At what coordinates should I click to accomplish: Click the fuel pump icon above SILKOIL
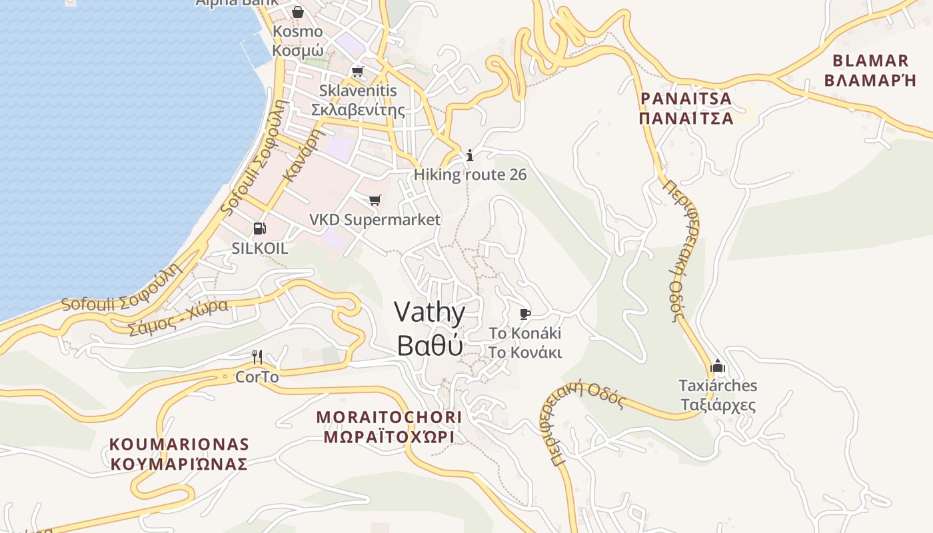point(259,229)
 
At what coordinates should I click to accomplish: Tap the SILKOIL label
point(260,249)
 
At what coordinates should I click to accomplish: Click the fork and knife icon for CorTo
point(257,357)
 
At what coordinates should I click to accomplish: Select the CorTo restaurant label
point(257,377)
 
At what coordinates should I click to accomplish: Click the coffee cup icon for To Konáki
point(524,314)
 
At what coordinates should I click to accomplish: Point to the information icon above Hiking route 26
point(470,156)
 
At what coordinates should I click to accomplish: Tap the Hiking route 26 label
point(470,175)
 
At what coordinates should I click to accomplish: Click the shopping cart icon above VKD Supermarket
point(375,200)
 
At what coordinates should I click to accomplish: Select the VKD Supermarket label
point(375,219)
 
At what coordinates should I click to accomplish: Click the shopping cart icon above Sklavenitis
point(358,71)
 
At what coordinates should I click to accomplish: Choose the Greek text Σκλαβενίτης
point(359,109)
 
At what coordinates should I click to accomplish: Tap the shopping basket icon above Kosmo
point(297,12)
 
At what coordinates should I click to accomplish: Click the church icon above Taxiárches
point(717,366)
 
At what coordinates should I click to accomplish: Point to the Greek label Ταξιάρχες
point(717,405)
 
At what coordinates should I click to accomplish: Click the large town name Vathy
point(430,312)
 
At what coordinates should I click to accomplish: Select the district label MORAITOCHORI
point(389,417)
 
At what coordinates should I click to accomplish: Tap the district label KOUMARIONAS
point(179,444)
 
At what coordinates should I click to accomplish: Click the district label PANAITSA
point(686,99)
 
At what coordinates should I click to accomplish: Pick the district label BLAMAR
point(871,61)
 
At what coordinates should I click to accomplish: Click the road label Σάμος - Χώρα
point(178,317)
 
